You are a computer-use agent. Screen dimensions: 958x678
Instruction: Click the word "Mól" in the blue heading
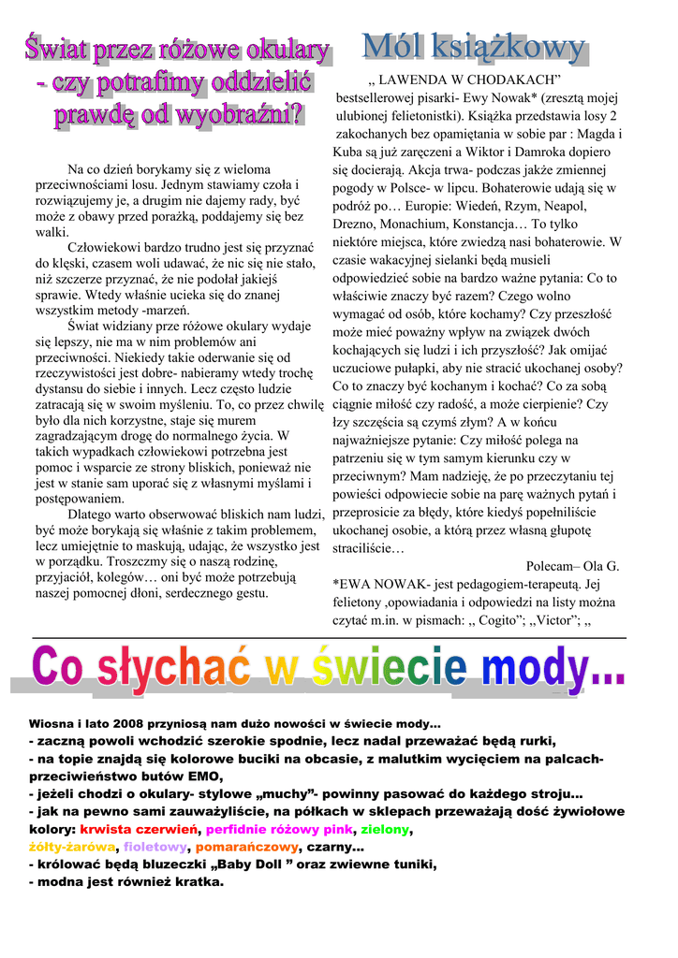399,46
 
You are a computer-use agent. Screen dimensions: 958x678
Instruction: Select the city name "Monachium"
413,225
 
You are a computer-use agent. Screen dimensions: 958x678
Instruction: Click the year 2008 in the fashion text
130,724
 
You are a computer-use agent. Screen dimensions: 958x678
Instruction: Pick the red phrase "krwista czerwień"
140,830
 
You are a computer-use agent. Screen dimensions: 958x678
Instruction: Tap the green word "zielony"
386,830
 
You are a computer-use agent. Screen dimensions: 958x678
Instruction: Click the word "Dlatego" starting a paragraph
91,514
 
